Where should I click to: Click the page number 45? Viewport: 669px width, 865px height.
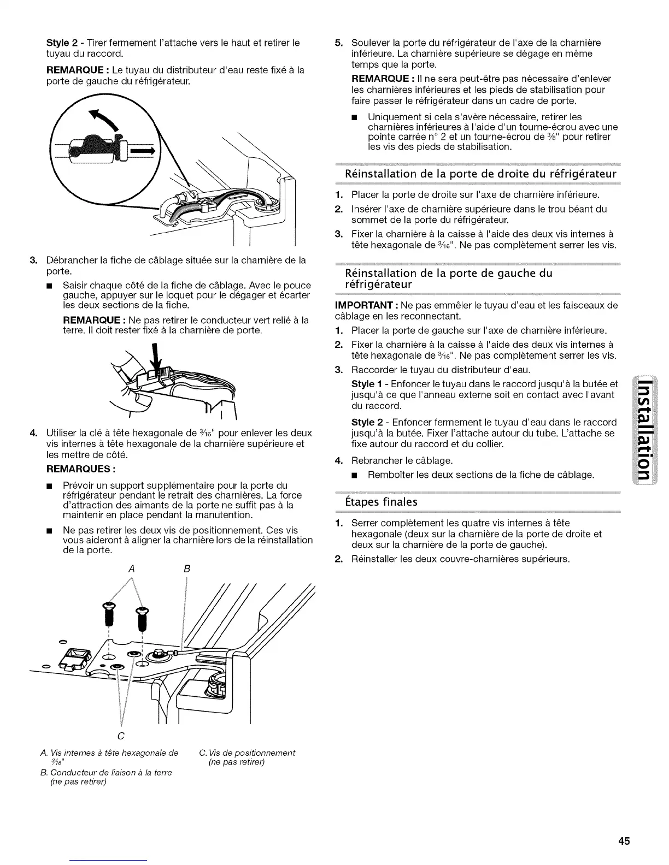[x=624, y=840]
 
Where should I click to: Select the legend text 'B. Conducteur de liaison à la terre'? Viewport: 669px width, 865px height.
[x=110, y=772]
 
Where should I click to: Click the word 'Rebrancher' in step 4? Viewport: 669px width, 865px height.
[x=375, y=460]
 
